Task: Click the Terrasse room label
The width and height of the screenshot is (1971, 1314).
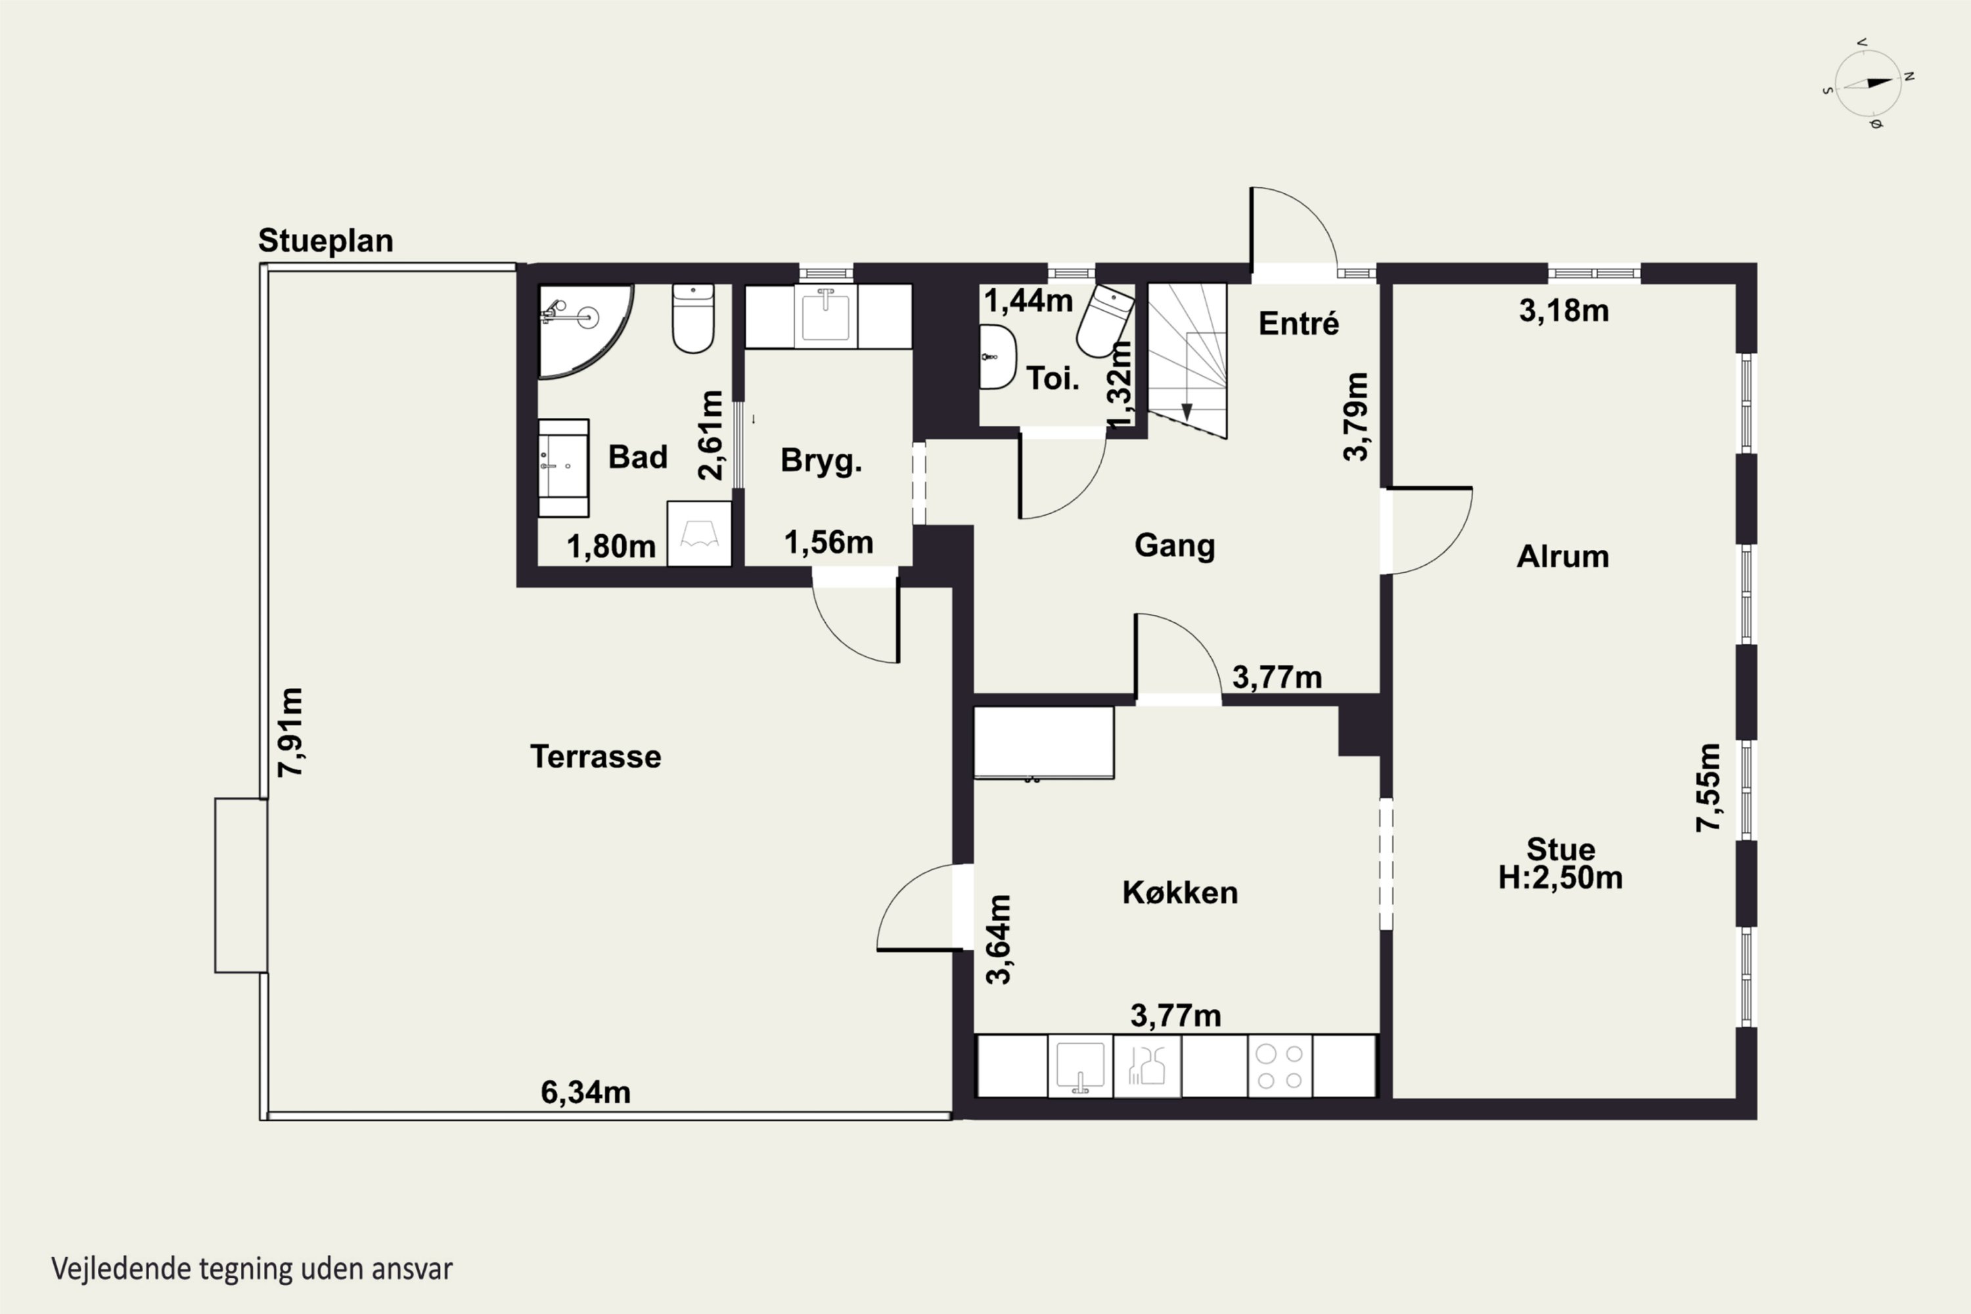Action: [596, 757]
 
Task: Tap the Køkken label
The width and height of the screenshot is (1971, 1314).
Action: [1180, 892]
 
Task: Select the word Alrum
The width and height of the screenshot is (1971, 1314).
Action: [1563, 556]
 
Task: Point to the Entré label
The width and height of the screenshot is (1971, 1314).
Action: [1299, 323]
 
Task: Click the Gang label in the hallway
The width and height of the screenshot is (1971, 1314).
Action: [1175, 545]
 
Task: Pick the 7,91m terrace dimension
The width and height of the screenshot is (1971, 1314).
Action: [291, 733]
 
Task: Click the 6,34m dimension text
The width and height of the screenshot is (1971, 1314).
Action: [586, 1092]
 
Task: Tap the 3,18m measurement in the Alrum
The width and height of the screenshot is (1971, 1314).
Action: [1564, 311]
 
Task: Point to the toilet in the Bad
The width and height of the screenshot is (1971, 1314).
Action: [693, 319]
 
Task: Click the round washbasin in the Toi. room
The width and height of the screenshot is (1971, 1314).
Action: [997, 357]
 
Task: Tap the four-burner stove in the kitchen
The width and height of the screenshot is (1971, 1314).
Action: [1280, 1066]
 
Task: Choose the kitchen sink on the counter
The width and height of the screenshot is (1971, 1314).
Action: [1080, 1066]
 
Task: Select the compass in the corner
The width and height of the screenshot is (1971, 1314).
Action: [1868, 84]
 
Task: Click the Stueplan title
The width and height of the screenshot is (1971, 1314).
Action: [326, 241]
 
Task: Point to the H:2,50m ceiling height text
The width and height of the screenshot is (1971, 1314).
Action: [1560, 877]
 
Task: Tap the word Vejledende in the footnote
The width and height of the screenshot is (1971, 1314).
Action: [121, 1268]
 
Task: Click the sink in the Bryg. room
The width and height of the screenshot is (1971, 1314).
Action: [825, 316]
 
